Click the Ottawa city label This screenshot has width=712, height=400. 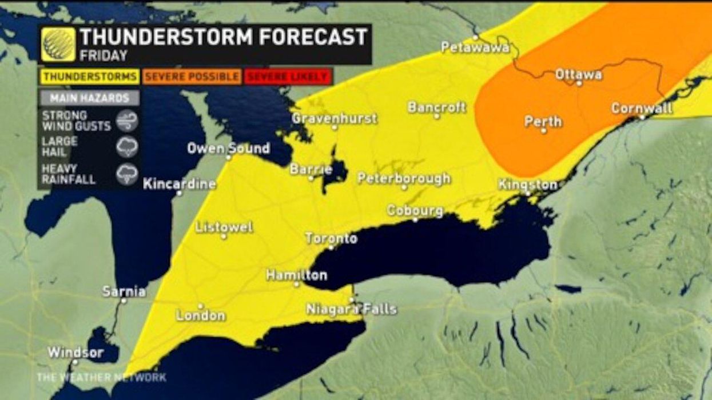coord(578,74)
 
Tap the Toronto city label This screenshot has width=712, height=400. coord(331,238)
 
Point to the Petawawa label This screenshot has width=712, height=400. coord(475,47)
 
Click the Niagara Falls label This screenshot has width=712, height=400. coord(351,309)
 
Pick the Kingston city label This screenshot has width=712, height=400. coord(527,185)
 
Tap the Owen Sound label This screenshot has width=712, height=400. coord(228,148)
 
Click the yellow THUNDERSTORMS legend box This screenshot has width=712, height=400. coord(90,76)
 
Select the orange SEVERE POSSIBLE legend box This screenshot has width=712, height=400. coord(192,76)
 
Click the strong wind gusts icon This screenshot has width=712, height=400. coord(126,121)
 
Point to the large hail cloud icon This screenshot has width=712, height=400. coord(126,147)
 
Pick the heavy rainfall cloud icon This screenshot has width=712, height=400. coord(126,174)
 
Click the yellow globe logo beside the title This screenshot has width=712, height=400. coord(58,44)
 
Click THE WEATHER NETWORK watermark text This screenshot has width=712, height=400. coord(101,377)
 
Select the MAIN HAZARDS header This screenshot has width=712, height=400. coord(89,98)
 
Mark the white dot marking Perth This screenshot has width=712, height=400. coord(543,131)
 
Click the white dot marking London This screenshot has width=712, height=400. coord(200,306)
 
